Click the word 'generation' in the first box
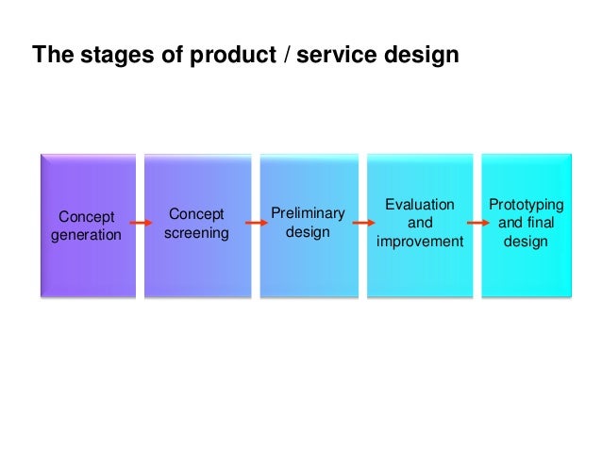86,235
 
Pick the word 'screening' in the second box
196,232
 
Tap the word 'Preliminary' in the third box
308,213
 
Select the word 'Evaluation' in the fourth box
420,204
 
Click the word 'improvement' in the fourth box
420,242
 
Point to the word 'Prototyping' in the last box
526,205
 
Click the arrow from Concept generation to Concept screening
142,224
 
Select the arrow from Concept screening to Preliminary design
253,224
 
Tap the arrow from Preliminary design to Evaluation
361,224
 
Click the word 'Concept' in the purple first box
86,216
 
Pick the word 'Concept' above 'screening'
196,213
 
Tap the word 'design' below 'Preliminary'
308,232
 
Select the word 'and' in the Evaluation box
420,223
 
